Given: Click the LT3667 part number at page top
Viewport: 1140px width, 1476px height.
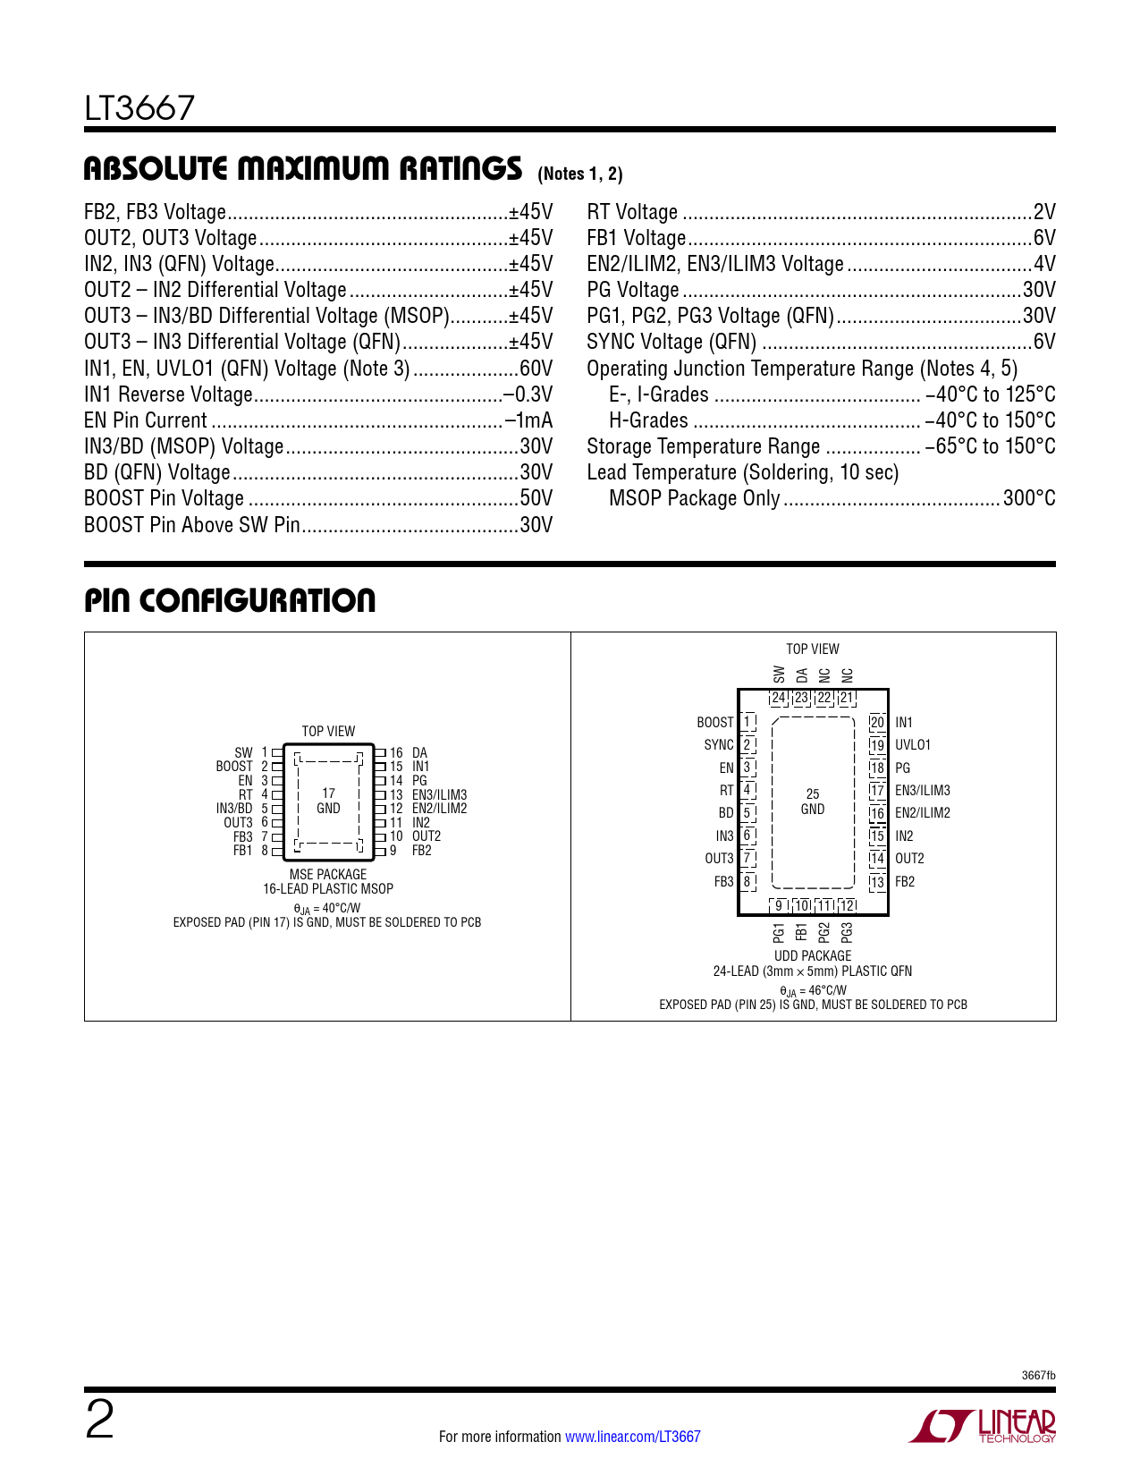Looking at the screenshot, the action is click(139, 108).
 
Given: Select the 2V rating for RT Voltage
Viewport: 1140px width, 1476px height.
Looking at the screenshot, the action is click(1044, 212).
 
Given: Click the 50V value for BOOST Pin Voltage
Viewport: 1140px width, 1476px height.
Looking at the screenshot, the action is click(536, 498).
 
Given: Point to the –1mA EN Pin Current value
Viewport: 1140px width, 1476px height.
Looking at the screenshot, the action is click(529, 420).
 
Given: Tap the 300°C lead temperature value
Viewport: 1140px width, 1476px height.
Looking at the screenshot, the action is click(1029, 498).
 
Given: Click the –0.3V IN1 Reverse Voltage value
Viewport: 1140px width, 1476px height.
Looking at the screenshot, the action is click(528, 394).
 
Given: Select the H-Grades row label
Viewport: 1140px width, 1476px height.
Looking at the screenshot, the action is click(648, 420).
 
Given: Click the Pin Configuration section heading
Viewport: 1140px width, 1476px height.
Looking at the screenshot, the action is click(230, 600).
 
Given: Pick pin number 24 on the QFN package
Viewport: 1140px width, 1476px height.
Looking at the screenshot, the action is click(778, 698).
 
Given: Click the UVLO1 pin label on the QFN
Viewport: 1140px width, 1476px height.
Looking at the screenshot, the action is click(913, 745).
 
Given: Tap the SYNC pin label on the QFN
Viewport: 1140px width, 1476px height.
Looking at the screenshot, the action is click(719, 745).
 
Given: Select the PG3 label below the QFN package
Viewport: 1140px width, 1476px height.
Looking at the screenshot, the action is click(847, 933).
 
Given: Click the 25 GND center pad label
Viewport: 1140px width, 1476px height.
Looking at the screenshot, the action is click(813, 802).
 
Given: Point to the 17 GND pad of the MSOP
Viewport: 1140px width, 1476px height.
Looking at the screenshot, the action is click(329, 801).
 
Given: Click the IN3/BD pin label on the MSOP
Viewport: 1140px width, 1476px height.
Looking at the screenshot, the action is click(234, 809).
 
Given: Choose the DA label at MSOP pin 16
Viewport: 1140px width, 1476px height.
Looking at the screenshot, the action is click(419, 752).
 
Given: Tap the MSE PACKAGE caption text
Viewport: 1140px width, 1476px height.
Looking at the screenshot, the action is click(328, 874).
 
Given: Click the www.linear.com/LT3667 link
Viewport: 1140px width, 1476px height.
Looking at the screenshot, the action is click(633, 1436).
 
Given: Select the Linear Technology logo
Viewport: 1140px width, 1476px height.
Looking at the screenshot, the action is click(982, 1425).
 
